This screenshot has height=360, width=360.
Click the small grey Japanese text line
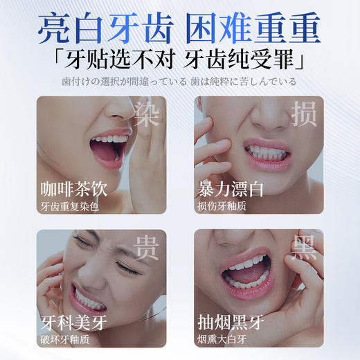point(179,82)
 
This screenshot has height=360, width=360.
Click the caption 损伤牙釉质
point(221,206)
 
